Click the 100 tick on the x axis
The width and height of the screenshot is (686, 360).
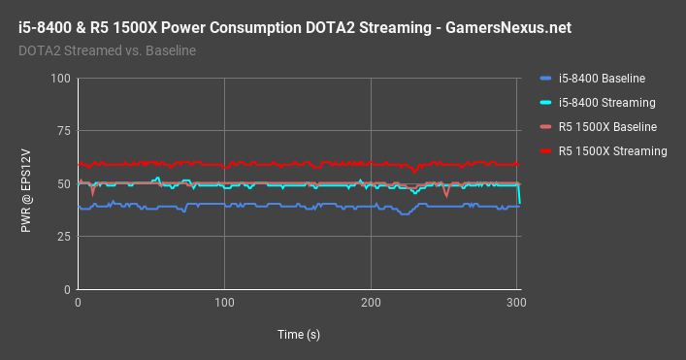(x=224, y=304)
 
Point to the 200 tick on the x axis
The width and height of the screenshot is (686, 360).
(x=371, y=304)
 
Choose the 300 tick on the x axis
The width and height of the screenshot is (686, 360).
(x=516, y=304)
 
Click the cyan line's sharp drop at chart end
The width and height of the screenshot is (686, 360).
(x=519, y=196)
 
